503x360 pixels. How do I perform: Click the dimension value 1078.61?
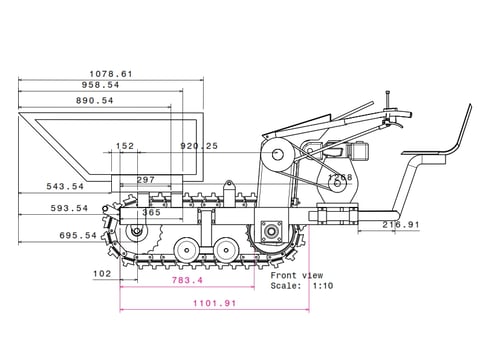111,74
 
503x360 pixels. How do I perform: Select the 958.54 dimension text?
100,85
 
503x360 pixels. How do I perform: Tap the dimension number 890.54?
95,100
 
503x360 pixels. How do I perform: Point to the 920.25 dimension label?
199,146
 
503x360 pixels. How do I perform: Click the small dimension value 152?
125,146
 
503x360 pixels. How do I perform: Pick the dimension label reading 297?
146,180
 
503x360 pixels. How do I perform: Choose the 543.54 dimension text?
65,186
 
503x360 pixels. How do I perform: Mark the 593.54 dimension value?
69,208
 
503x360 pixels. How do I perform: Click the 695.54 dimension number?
78,236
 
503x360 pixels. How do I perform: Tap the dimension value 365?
152,212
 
